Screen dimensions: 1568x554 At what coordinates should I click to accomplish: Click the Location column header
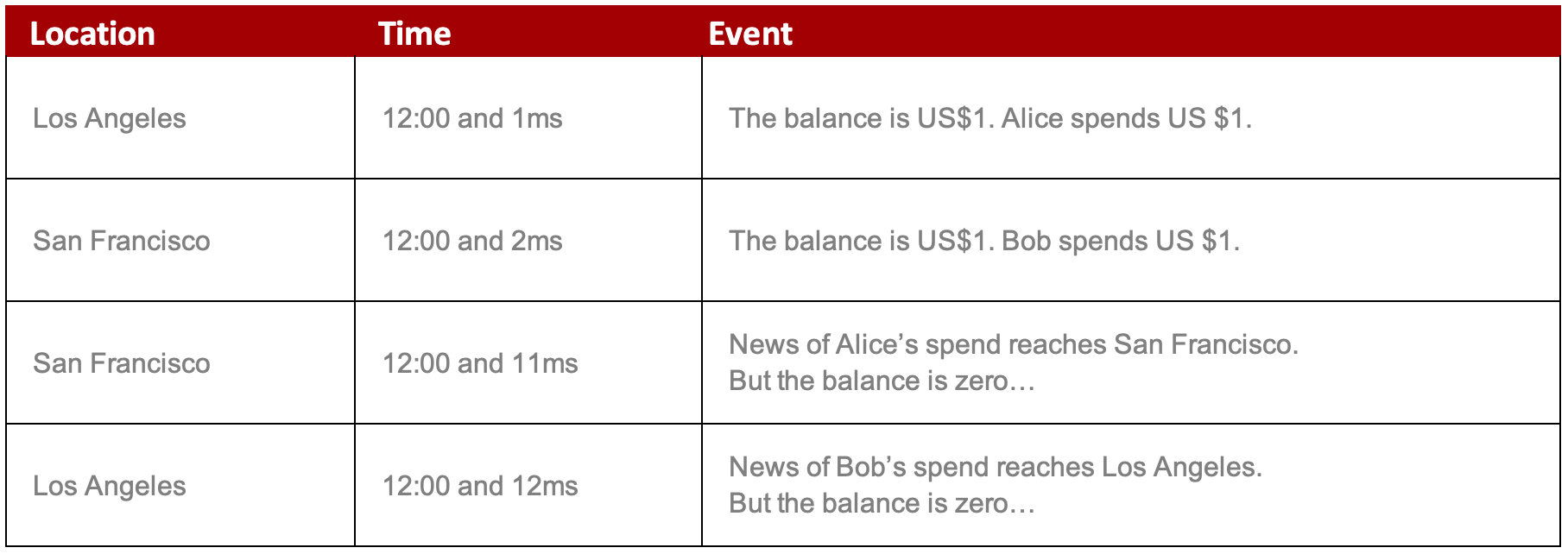click(x=92, y=34)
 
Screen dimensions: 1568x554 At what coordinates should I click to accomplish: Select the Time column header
click(x=414, y=34)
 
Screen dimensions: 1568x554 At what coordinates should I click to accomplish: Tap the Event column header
click(x=750, y=34)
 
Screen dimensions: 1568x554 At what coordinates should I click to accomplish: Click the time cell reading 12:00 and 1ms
click(x=472, y=118)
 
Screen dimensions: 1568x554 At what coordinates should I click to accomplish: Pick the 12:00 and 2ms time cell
click(x=472, y=241)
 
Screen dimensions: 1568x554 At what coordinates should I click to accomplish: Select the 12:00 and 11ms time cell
click(x=480, y=363)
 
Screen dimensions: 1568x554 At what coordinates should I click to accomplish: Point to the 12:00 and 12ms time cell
click(x=480, y=486)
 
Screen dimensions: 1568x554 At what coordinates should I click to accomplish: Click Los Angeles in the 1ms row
click(x=110, y=119)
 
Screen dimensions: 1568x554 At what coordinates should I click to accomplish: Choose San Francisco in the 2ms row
click(x=122, y=241)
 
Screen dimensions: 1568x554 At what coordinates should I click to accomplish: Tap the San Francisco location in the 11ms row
click(x=122, y=363)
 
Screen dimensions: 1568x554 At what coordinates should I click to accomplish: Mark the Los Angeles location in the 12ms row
click(x=110, y=487)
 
